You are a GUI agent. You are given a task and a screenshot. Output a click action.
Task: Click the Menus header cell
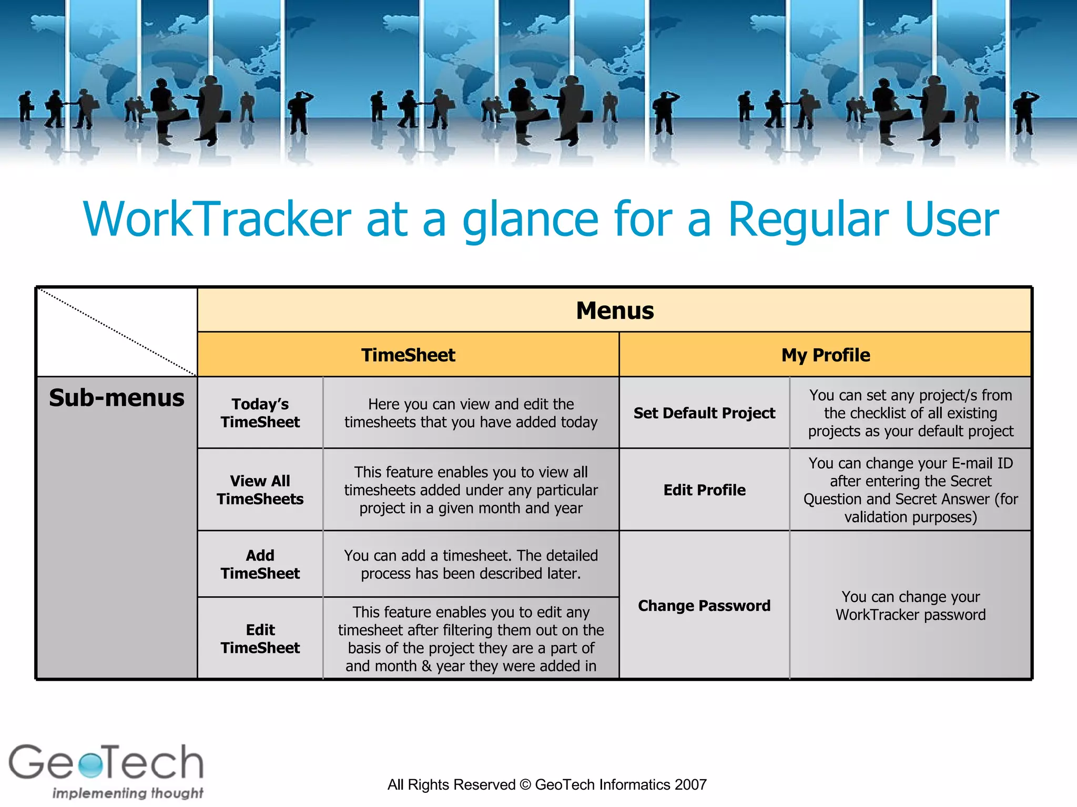(614, 311)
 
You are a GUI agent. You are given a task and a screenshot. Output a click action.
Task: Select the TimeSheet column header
(408, 355)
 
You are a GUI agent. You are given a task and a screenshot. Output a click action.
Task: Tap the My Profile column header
(825, 355)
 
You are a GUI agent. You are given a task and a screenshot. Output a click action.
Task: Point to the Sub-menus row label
(117, 398)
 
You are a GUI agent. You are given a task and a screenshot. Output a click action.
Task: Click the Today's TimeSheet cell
(260, 413)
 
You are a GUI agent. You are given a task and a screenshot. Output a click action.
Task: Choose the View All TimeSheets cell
(260, 490)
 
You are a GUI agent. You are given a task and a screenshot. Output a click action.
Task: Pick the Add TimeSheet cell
(260, 564)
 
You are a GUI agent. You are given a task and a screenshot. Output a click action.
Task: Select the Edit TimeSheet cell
(260, 639)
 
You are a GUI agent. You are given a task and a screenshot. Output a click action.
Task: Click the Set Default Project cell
(704, 413)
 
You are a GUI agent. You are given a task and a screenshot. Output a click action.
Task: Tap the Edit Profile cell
(704, 490)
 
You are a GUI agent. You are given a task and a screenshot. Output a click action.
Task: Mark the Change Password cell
(704, 606)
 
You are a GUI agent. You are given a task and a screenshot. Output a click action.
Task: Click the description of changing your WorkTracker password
(910, 606)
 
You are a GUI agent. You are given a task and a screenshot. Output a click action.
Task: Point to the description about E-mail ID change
(910, 490)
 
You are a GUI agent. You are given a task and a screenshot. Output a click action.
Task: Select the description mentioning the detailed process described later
(471, 564)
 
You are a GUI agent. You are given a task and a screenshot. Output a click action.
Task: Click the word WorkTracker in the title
(217, 219)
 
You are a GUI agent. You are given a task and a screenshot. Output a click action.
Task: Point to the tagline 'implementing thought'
(127, 793)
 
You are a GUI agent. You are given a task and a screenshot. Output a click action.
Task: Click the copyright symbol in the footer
(525, 785)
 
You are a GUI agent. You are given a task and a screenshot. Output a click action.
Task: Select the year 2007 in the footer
(690, 785)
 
